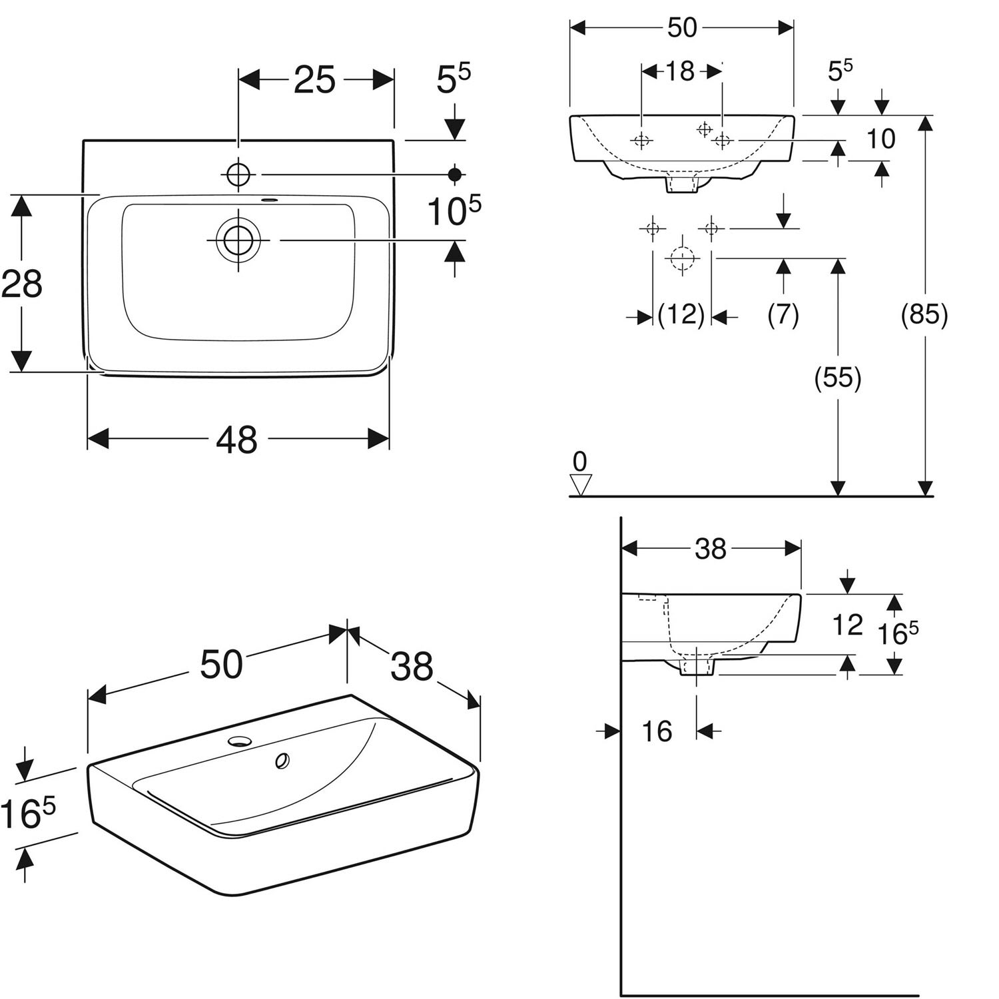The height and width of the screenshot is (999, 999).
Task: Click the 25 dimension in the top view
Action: click(x=315, y=81)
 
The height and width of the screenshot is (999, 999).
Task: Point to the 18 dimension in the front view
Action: click(x=680, y=71)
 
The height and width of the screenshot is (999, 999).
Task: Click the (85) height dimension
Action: click(x=924, y=314)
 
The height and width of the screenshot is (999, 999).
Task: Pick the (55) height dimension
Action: click(x=838, y=378)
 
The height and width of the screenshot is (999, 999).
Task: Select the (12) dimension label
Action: click(x=681, y=314)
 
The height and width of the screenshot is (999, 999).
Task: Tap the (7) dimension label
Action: click(x=783, y=314)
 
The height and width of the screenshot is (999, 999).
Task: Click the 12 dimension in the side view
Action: click(x=848, y=625)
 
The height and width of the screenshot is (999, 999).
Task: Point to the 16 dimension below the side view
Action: click(x=657, y=731)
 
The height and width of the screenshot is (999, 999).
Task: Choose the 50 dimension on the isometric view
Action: click(x=221, y=665)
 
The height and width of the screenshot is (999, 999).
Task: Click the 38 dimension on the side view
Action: click(x=711, y=549)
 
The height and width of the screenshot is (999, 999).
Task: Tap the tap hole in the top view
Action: click(x=238, y=174)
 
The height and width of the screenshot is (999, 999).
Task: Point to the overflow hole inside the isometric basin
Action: click(x=282, y=760)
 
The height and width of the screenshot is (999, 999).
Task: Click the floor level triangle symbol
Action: click(x=581, y=484)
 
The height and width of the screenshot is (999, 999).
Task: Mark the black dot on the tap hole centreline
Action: click(x=455, y=174)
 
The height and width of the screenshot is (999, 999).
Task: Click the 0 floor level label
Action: click(x=580, y=461)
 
